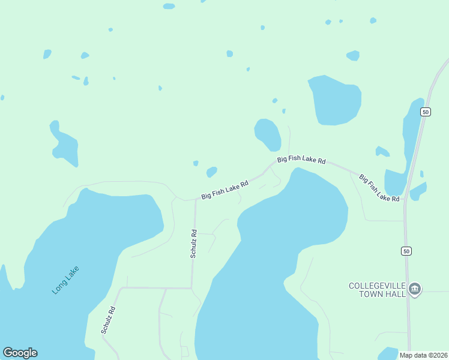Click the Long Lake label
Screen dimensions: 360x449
point(65,280)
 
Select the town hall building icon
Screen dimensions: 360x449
point(415,290)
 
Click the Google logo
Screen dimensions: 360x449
point(20,353)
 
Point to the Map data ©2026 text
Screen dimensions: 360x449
point(423,355)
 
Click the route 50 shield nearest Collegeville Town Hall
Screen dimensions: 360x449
point(407,251)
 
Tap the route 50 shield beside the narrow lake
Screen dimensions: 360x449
point(425,112)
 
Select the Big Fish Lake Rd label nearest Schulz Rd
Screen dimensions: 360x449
point(224,191)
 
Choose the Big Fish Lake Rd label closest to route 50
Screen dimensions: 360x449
point(379,188)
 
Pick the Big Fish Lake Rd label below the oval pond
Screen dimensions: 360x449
point(301,160)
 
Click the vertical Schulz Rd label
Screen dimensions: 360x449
point(194,244)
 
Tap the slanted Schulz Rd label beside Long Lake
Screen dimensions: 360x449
point(108,320)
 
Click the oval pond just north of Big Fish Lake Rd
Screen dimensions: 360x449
point(268,134)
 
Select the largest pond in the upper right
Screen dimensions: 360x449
point(335,100)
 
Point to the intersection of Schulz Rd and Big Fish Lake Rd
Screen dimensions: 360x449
point(196,200)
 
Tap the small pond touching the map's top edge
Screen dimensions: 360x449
point(169,6)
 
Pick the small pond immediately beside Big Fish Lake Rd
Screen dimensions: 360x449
point(211,172)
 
